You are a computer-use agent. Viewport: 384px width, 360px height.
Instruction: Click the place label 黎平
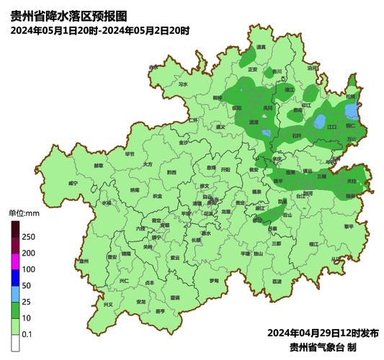[349, 226]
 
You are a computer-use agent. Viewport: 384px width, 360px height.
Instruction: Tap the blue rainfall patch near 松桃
[352, 112]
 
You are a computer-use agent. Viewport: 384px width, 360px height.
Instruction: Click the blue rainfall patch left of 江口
[321, 122]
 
